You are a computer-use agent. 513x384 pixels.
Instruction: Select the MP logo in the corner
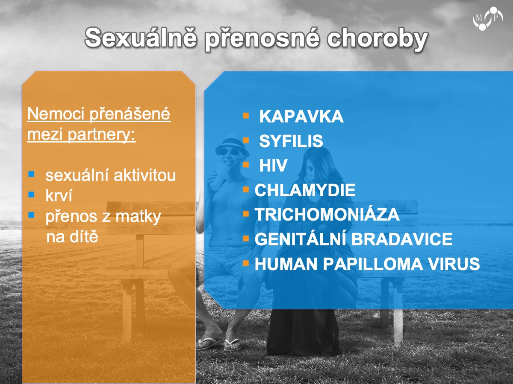[x=487, y=19]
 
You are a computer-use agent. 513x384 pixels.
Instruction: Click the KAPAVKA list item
[x=301, y=116]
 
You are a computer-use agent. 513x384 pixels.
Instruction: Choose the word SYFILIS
[x=291, y=141]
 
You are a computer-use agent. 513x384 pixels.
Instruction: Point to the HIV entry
[x=273, y=165]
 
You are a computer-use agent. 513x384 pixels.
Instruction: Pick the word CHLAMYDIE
[x=305, y=190]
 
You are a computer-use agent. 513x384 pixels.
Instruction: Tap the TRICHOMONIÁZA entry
[x=327, y=215]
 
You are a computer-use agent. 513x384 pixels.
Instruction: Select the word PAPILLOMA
[x=373, y=264]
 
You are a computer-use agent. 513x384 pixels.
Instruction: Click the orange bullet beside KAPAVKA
[x=246, y=116]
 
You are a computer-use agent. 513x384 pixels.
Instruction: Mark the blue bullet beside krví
[x=31, y=195]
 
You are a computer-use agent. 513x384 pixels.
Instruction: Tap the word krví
[x=59, y=195]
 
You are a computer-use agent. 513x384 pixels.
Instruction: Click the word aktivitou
[x=144, y=175]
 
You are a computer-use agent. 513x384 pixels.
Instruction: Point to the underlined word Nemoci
[x=56, y=114]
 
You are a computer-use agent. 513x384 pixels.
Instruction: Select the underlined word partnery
[x=101, y=135]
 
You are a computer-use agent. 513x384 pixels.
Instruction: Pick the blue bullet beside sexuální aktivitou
[x=31, y=174]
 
